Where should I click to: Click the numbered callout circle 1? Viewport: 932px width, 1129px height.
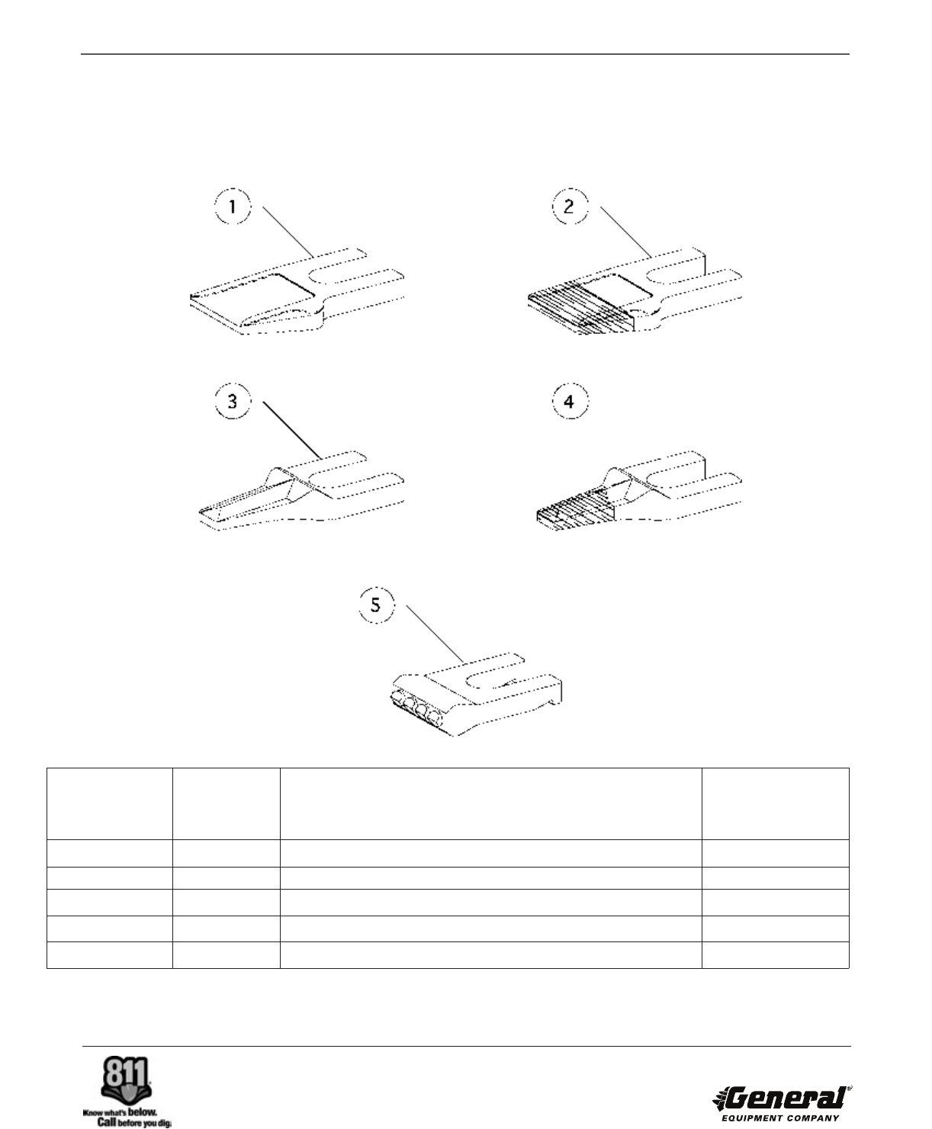coord(233,206)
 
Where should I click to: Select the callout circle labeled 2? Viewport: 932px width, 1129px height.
coord(570,206)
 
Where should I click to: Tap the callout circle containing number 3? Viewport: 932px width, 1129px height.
coord(233,401)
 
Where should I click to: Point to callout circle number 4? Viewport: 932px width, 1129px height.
coord(570,401)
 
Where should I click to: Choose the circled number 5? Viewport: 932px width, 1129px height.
coord(377,605)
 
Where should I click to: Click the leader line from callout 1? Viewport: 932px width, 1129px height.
coord(288,232)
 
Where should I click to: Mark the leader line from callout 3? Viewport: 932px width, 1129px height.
coord(293,430)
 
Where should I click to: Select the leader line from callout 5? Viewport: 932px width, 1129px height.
coord(435,633)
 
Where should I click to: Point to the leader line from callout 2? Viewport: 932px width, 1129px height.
coord(626,232)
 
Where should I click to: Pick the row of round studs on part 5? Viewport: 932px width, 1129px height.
coord(416,707)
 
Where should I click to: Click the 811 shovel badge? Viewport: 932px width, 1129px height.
coord(126,1078)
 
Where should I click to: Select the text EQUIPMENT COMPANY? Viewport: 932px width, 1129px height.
coord(780,1118)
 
